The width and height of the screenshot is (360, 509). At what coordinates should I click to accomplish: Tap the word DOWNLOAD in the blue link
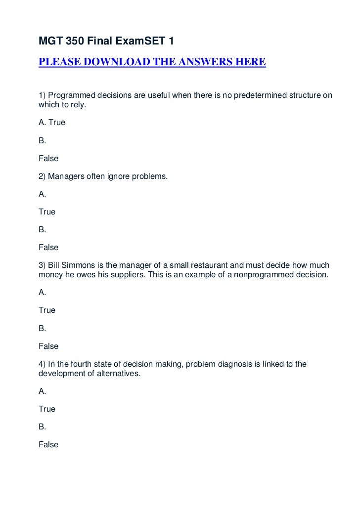point(112,63)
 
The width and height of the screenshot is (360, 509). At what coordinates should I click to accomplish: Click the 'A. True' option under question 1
point(52,122)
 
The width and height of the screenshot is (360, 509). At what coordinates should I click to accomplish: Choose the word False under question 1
point(48,159)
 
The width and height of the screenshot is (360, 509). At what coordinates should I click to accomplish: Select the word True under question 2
point(47,212)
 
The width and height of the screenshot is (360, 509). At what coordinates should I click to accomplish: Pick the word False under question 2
point(48,247)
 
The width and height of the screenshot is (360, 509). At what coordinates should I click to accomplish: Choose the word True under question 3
point(47,310)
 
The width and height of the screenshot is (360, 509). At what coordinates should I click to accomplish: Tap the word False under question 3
point(48,346)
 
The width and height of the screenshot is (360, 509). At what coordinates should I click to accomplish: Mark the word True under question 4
point(47,409)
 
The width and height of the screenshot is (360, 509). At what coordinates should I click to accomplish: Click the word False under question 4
point(48,445)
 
